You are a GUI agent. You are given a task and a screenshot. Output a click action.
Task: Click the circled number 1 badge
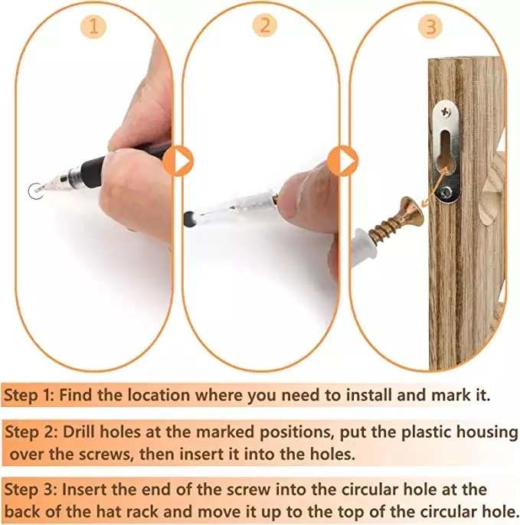click(x=93, y=26)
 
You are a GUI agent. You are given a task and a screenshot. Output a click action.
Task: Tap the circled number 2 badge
click(x=265, y=24)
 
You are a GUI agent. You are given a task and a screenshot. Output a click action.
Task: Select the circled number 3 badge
click(x=431, y=26)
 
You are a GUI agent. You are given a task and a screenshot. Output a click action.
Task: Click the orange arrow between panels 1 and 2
click(x=178, y=161)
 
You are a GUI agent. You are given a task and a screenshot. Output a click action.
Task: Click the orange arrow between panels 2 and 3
click(x=343, y=161)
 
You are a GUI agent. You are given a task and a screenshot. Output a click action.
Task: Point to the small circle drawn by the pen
click(x=36, y=191)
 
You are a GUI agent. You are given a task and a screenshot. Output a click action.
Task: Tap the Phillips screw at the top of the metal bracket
click(x=446, y=112)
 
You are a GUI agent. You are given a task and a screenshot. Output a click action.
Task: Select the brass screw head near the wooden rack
click(x=412, y=213)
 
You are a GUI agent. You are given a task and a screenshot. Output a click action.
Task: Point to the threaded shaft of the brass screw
click(x=384, y=228)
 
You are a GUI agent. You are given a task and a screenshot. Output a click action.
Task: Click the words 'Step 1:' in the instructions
click(x=29, y=395)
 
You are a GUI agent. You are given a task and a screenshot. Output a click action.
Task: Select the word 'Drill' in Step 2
click(x=79, y=432)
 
